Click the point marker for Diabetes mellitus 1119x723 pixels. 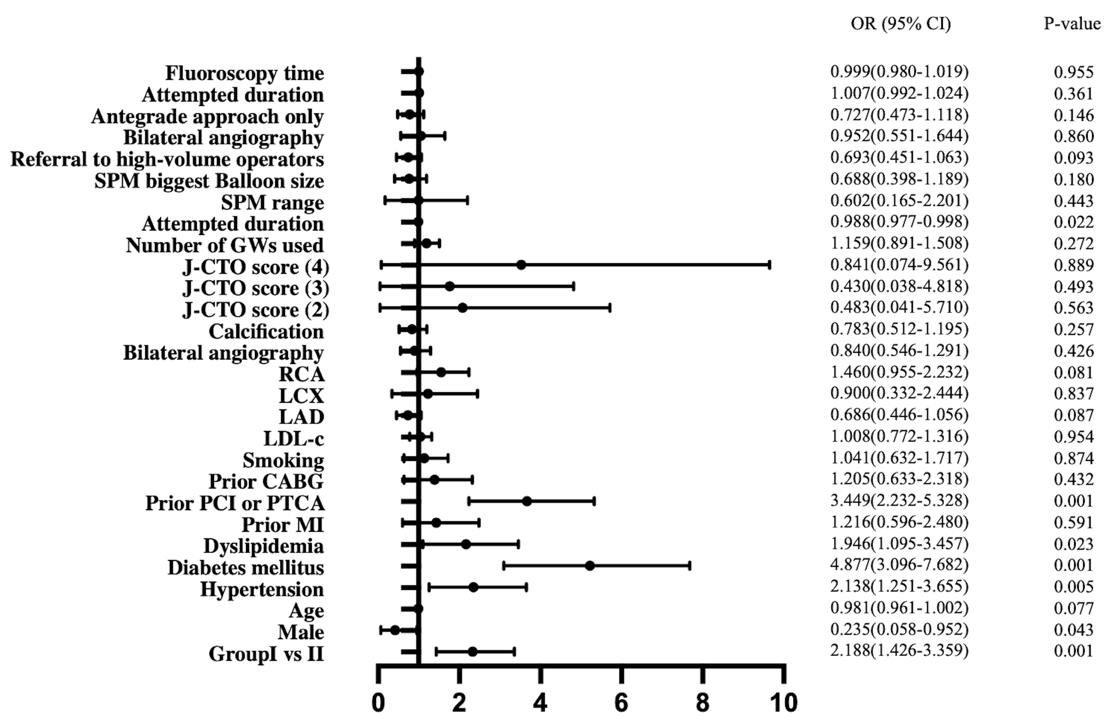[590, 566]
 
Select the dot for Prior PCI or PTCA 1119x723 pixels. [527, 501]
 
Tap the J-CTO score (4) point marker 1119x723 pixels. [521, 265]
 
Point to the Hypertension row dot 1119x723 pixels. [473, 587]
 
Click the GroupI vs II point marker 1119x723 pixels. [472, 652]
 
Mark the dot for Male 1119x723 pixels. [395, 630]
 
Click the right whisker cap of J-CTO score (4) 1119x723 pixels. [769, 265]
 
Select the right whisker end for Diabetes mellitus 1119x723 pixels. [690, 566]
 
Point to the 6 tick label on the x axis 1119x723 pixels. [621, 703]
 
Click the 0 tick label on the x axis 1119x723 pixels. [378, 703]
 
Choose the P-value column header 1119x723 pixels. [1072, 23]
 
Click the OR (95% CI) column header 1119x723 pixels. [901, 23]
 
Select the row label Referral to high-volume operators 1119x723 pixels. [167, 159]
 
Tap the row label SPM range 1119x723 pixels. [272, 202]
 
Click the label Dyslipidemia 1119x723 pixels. [263, 546]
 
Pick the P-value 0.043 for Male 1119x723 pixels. [1073, 629]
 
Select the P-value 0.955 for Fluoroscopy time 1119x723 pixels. [1073, 72]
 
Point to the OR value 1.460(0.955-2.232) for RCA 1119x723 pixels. [899, 372]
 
